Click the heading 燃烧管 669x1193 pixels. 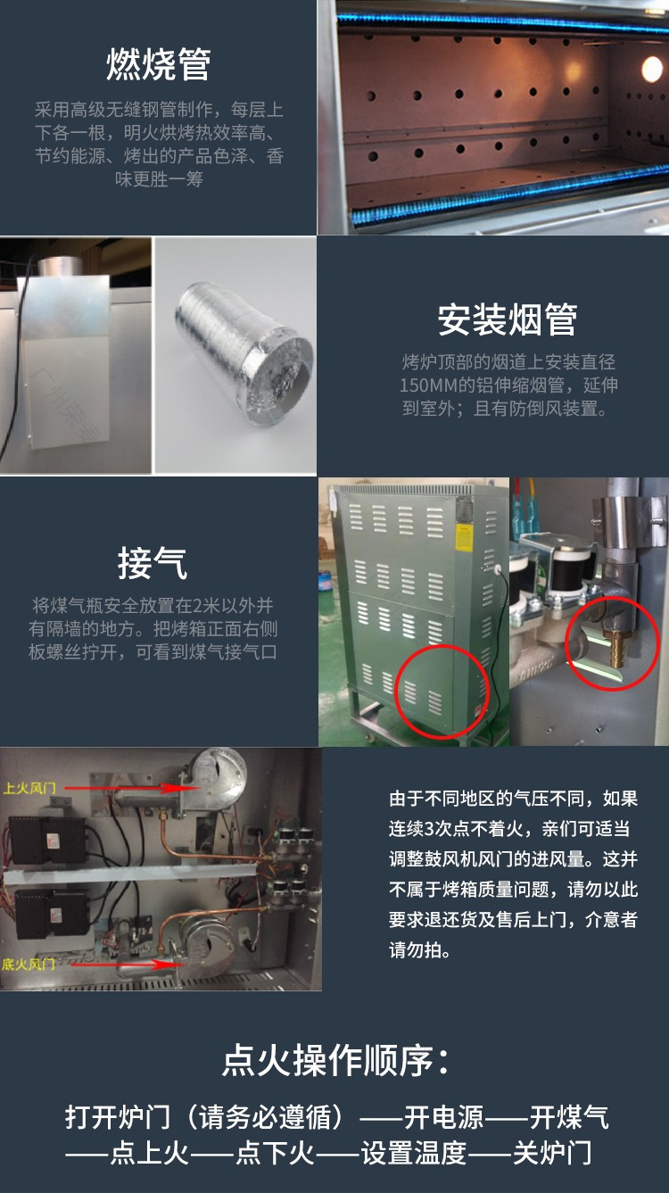159,64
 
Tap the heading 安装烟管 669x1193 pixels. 508,319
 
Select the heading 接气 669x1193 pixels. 153,563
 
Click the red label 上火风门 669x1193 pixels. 29,788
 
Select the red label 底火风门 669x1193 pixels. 29,964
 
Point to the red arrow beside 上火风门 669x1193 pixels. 128,788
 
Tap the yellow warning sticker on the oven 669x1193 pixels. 465,536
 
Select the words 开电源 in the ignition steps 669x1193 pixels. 444,1117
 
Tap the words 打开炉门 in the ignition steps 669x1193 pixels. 118,1117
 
